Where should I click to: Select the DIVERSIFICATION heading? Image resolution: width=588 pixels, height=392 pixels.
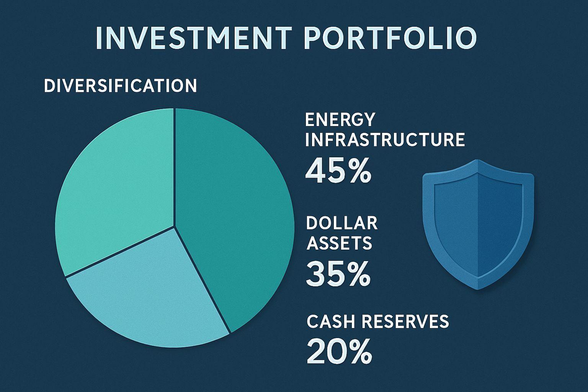120,86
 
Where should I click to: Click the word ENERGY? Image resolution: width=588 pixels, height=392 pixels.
340,119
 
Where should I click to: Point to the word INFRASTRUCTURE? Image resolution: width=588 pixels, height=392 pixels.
385,140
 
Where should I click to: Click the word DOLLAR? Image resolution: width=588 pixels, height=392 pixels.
342,223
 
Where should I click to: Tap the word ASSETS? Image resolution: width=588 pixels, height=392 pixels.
340,243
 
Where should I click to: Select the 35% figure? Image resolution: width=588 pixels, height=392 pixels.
338,274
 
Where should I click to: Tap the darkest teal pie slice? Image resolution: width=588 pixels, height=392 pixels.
234,210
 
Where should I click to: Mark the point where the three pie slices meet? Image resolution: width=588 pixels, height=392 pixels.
174,226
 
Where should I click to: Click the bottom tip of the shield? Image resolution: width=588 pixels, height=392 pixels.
478,290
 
